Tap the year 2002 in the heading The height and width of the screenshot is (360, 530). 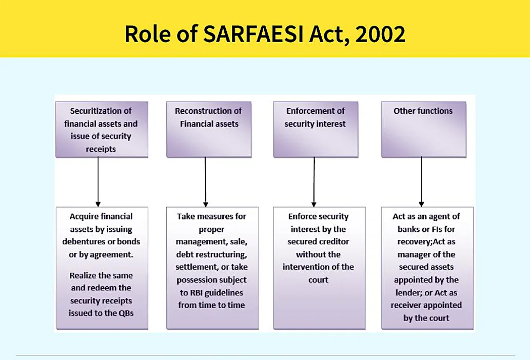point(380,34)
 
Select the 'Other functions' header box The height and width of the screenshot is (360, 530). point(423,129)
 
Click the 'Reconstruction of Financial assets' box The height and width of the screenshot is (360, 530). point(208,129)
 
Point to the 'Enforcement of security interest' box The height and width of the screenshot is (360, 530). point(316,129)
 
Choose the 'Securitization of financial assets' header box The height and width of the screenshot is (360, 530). point(102,129)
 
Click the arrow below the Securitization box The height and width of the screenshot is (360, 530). point(98,182)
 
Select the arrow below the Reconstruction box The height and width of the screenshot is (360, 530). point(205,182)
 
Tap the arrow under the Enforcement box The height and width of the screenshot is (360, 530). point(314,182)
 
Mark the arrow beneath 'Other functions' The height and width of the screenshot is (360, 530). point(422,182)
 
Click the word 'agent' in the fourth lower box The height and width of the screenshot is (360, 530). point(438,217)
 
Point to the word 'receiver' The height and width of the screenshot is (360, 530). point(407,305)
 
